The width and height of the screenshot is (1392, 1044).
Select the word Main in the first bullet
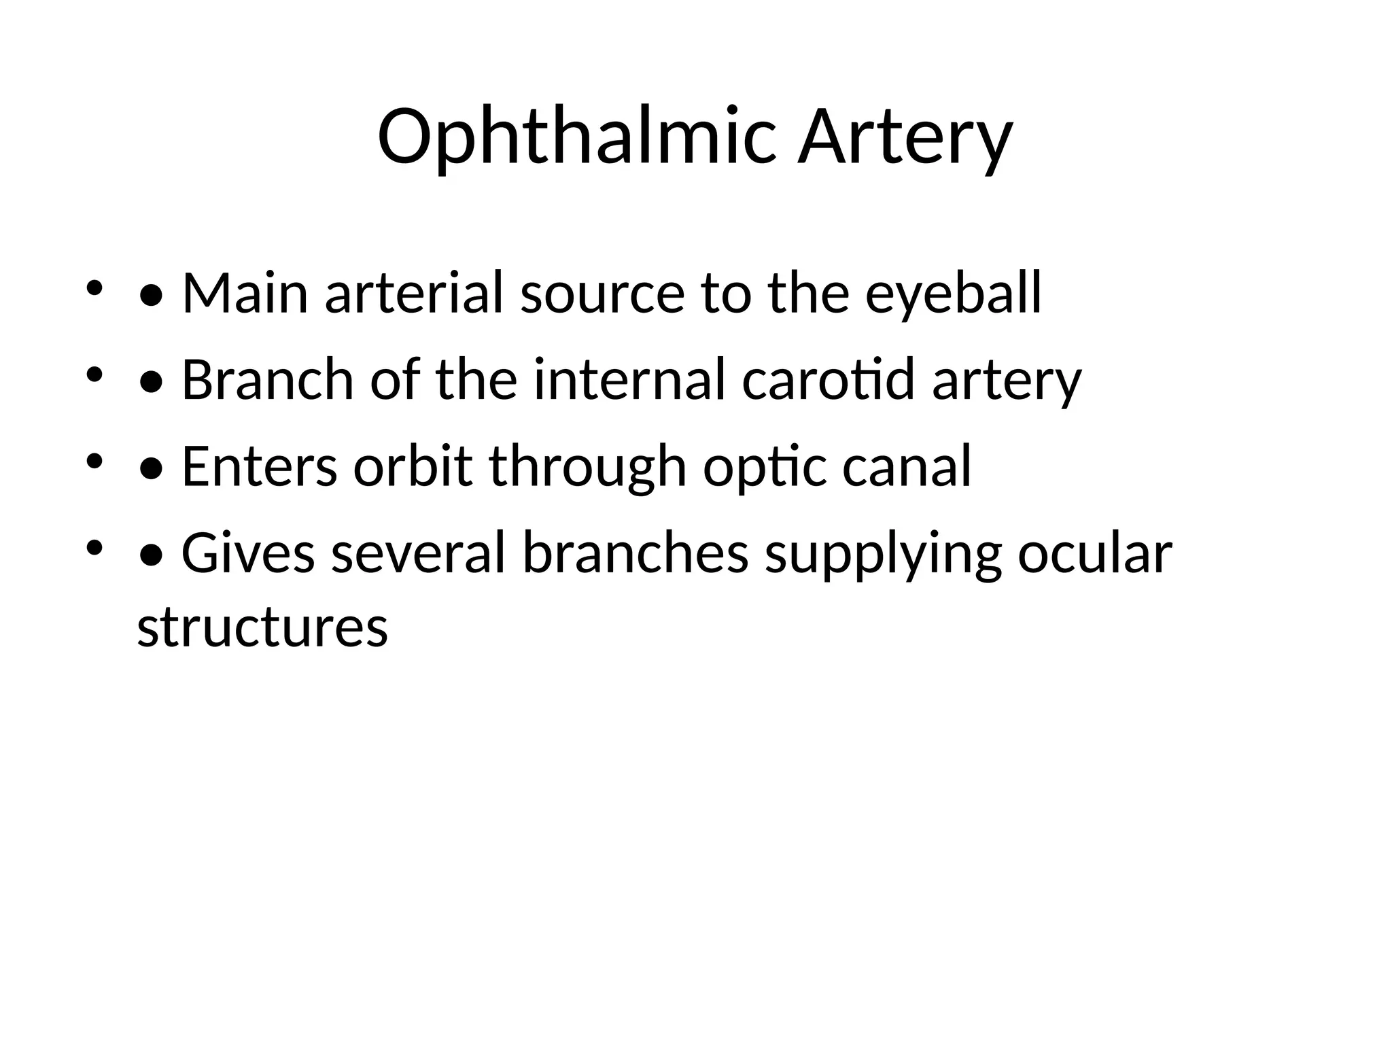245,293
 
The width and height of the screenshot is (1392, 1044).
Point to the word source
602,293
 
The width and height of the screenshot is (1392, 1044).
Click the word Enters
260,466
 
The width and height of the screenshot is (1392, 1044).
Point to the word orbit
413,466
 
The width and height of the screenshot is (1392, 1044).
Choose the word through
588,466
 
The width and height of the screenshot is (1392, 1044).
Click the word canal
907,466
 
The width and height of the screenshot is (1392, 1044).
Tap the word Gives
248,553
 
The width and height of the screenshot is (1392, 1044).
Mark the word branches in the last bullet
636,553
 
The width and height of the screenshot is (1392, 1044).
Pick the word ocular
1095,553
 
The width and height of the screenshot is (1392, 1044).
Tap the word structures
262,627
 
